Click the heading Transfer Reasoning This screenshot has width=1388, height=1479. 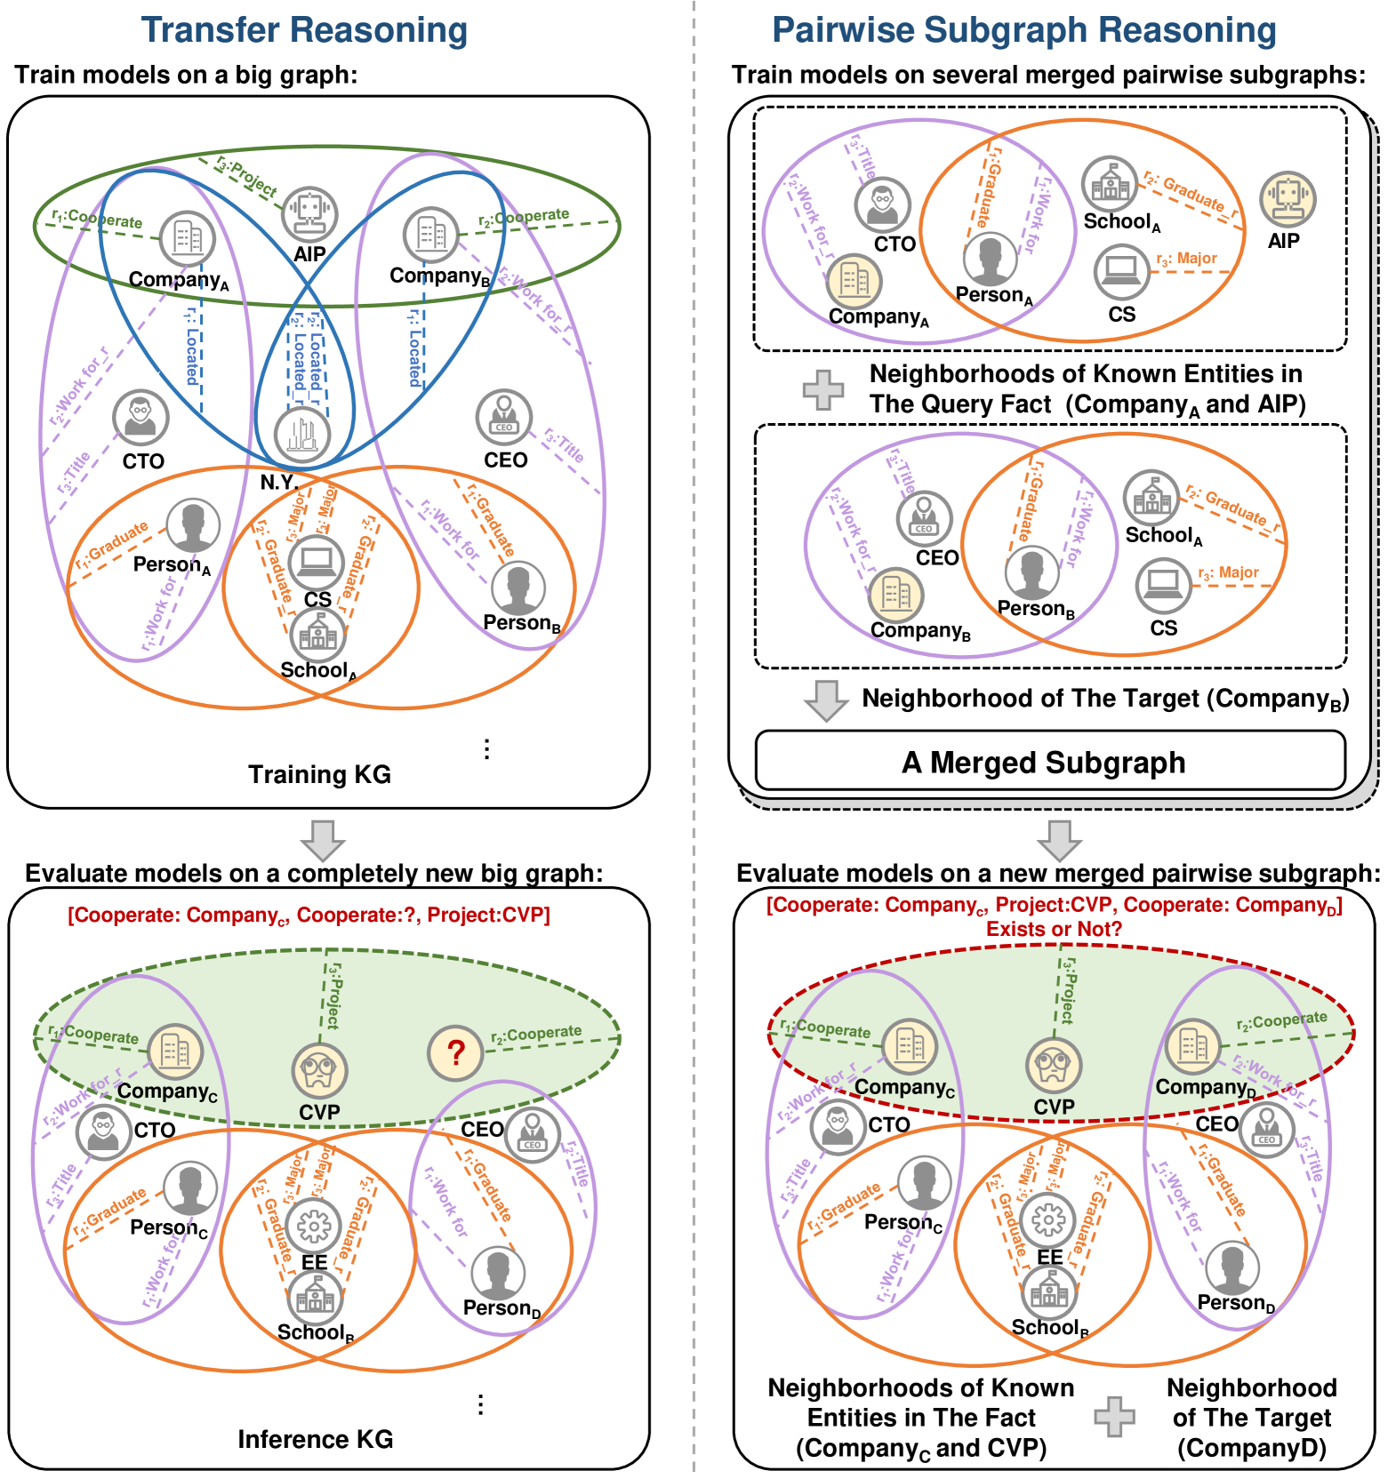(x=304, y=30)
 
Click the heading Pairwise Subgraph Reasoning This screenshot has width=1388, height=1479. (x=1023, y=30)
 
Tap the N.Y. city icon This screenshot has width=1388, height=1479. (x=302, y=435)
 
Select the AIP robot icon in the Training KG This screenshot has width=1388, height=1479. (x=309, y=214)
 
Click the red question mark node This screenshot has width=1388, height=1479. (x=455, y=1052)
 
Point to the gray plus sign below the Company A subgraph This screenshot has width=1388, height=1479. (x=823, y=389)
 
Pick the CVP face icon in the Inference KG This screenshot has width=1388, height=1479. (x=319, y=1071)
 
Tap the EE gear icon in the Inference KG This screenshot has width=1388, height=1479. (x=314, y=1226)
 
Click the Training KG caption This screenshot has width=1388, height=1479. (x=319, y=774)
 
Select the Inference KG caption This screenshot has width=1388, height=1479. (x=316, y=1439)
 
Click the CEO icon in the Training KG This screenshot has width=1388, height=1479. (x=504, y=416)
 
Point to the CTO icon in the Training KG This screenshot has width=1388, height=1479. (x=140, y=417)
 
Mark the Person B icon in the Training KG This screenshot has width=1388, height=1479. (x=518, y=588)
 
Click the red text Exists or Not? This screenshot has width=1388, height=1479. (x=1054, y=929)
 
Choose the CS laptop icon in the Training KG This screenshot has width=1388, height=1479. (x=317, y=562)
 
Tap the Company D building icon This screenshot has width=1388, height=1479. (x=1192, y=1046)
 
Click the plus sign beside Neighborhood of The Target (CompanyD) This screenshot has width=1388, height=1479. (x=1114, y=1417)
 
